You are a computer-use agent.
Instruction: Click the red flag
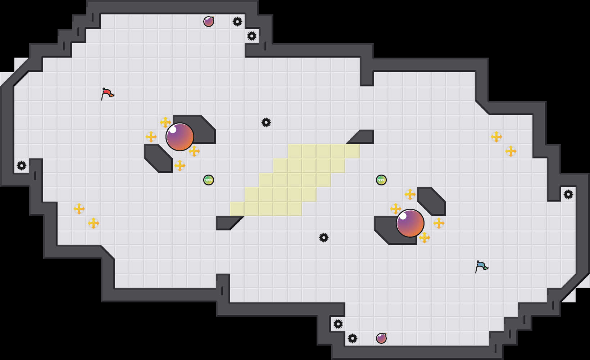(107, 94)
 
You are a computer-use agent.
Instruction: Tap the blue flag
(481, 266)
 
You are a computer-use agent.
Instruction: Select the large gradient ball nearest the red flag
(180, 137)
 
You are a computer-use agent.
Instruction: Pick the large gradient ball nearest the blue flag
(410, 223)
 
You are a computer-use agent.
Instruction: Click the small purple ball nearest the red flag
(209, 22)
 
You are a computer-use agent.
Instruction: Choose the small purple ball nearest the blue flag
(381, 338)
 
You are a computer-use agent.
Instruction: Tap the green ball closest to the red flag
(209, 180)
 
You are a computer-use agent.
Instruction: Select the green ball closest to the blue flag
(381, 180)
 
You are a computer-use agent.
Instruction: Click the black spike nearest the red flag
(22, 166)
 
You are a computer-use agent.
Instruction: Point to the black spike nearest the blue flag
(568, 194)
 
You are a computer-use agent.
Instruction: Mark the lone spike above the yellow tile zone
(266, 122)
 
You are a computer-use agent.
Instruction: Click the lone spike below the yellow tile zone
(324, 238)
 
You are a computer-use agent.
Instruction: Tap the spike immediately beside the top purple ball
(237, 22)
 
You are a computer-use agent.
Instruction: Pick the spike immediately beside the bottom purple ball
(353, 338)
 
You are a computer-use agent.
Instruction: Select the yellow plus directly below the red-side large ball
(180, 166)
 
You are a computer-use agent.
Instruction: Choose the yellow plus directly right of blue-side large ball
(439, 223)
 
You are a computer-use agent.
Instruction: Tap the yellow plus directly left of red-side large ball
(151, 137)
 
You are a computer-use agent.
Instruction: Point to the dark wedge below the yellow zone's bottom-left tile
(227, 222)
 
